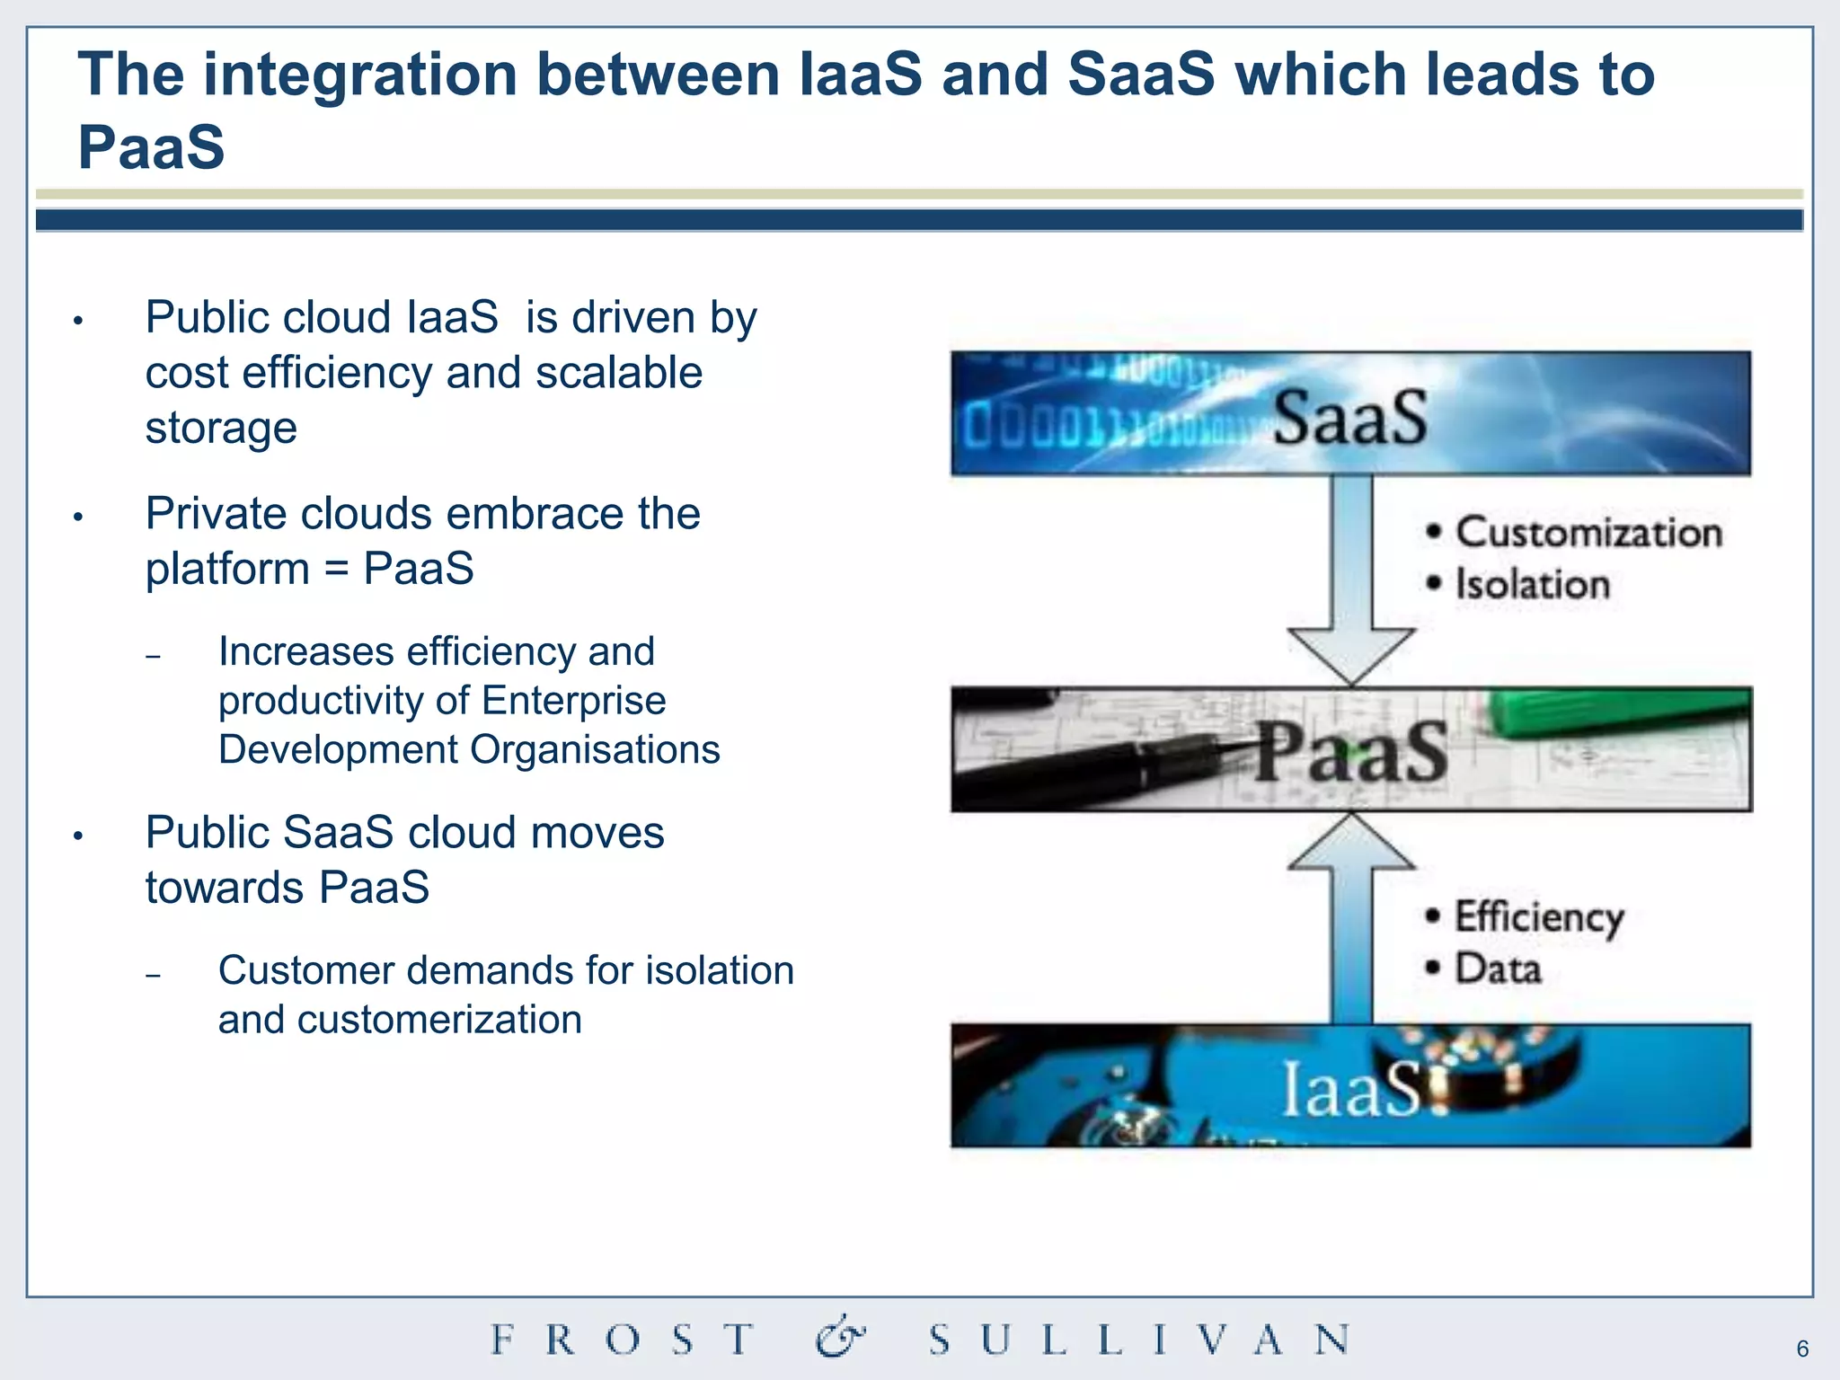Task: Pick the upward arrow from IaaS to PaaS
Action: [1350, 916]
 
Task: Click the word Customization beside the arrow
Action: [1588, 533]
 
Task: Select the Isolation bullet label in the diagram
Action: [1532, 584]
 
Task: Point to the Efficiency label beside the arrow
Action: [1538, 917]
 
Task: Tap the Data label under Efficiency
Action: [1498, 969]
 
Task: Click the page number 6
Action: [1802, 1349]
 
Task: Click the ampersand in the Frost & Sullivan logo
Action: [840, 1338]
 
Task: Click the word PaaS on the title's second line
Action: [151, 147]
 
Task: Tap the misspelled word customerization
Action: [439, 1020]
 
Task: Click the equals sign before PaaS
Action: [337, 570]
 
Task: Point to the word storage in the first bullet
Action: [221, 428]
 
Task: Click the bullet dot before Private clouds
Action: [78, 517]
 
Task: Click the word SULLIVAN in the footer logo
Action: [1139, 1340]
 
